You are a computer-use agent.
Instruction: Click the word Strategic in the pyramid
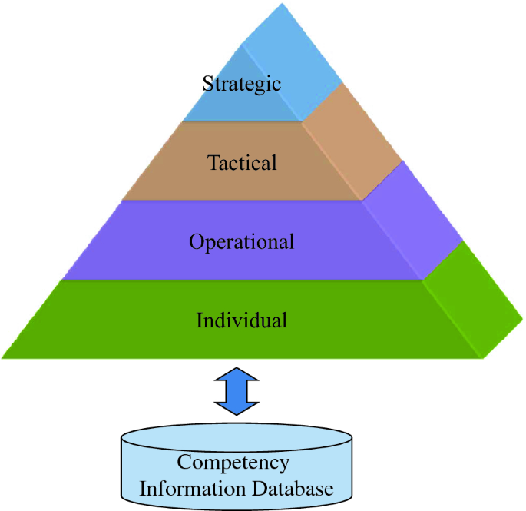tap(242, 83)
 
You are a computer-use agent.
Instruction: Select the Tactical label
tap(242, 163)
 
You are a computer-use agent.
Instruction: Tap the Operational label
tap(242, 242)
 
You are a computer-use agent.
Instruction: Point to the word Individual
tap(242, 319)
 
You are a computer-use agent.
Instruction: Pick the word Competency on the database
tap(233, 463)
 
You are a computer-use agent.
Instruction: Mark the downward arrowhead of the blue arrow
tap(238, 408)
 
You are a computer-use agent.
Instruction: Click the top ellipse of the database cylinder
tap(238, 440)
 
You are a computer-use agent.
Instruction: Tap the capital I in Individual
tap(200, 319)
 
